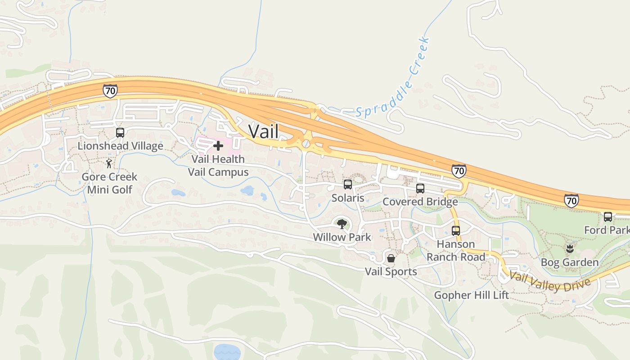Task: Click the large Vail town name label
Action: coord(263,131)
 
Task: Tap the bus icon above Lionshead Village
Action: coord(120,133)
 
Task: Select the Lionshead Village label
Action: coord(120,146)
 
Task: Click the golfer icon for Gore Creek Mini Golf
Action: coord(109,163)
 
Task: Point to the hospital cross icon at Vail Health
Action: coord(218,146)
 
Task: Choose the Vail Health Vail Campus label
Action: coord(218,166)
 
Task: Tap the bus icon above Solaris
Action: coord(348,184)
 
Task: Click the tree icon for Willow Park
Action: coord(342,224)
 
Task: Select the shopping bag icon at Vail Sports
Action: coord(391,258)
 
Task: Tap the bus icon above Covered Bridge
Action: coord(420,189)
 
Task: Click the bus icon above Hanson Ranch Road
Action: coord(456,231)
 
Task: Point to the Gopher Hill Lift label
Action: coord(471,295)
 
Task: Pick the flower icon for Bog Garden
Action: coord(570,249)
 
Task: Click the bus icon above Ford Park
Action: coord(608,217)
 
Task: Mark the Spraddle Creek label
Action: coord(392,79)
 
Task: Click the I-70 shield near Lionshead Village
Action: coord(110,91)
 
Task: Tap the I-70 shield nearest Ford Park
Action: coord(571,200)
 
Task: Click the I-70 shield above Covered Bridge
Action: coord(459,171)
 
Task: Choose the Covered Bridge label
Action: coord(420,202)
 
